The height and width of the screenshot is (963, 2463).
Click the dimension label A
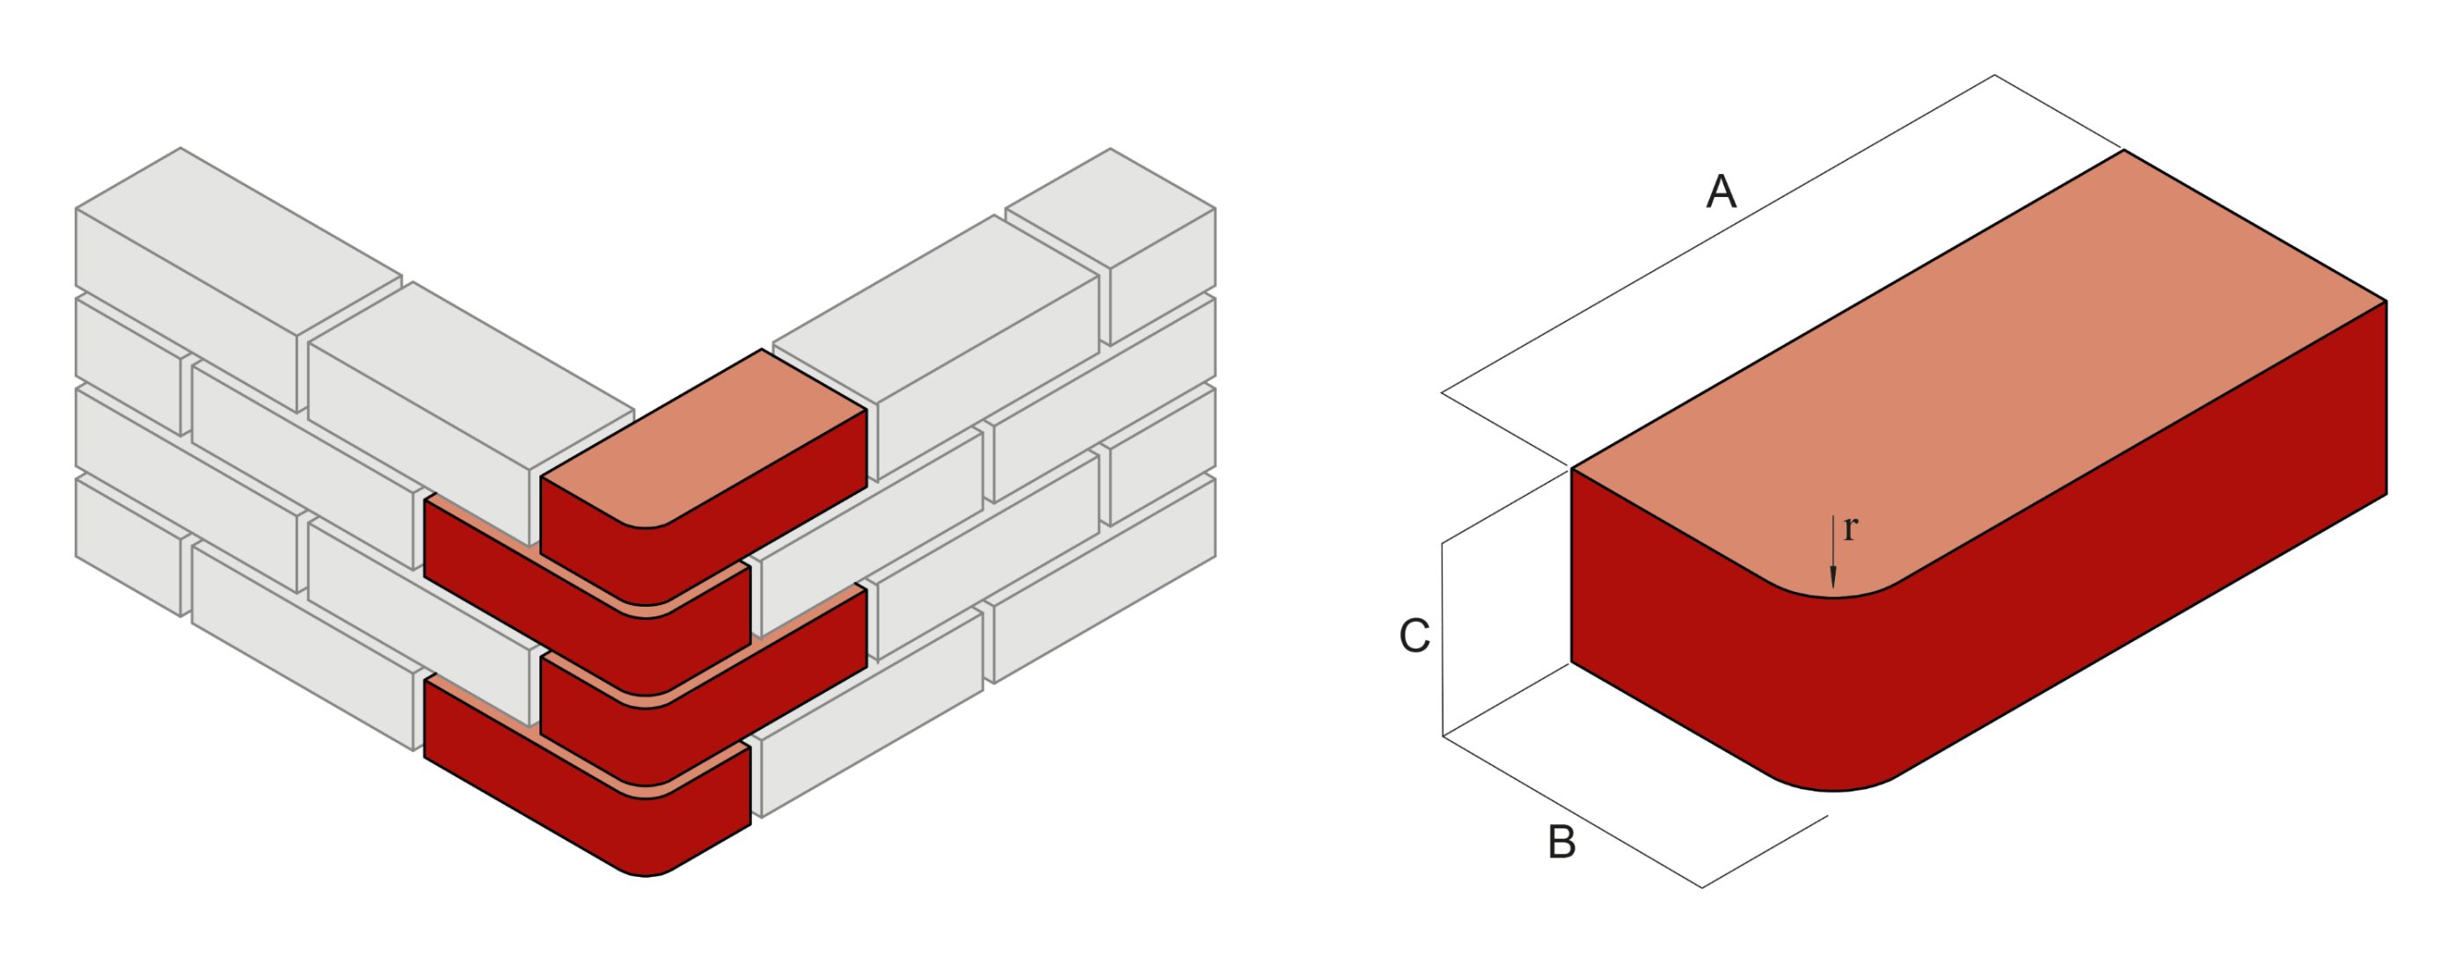click(1720, 193)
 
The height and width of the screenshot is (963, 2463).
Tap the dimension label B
click(1561, 843)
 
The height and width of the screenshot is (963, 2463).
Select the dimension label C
click(1414, 636)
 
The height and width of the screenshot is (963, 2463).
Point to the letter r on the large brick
click(1850, 528)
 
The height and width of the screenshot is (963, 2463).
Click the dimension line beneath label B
click(1573, 812)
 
